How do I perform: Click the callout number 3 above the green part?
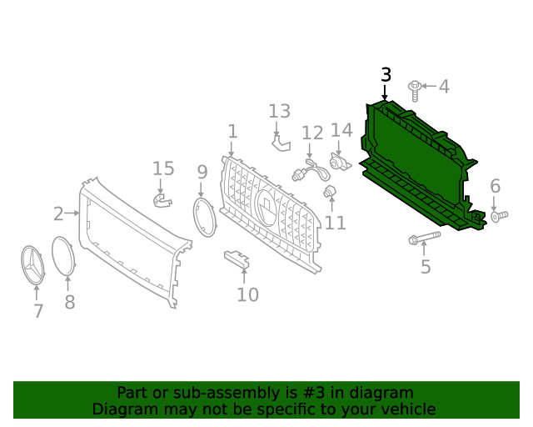pyautogui.click(x=386, y=75)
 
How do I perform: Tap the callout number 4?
pyautogui.click(x=444, y=87)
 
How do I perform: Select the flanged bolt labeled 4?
pyautogui.click(x=415, y=91)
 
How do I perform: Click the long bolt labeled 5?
pyautogui.click(x=425, y=238)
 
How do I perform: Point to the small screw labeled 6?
pyautogui.click(x=500, y=216)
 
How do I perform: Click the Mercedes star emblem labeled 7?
pyautogui.click(x=32, y=265)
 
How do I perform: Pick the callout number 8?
pyautogui.click(x=70, y=302)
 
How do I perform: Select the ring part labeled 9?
pyautogui.click(x=205, y=217)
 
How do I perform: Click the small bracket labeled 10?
pyautogui.click(x=237, y=259)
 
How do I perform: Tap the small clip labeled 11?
pyautogui.click(x=330, y=191)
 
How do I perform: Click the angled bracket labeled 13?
pyautogui.click(x=281, y=143)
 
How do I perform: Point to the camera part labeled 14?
pyautogui.click(x=340, y=162)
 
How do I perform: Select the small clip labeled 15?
pyautogui.click(x=162, y=200)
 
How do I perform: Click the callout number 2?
pyautogui.click(x=58, y=213)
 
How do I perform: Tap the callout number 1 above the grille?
pyautogui.click(x=232, y=132)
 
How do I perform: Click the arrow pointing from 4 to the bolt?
pyautogui.click(x=429, y=86)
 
